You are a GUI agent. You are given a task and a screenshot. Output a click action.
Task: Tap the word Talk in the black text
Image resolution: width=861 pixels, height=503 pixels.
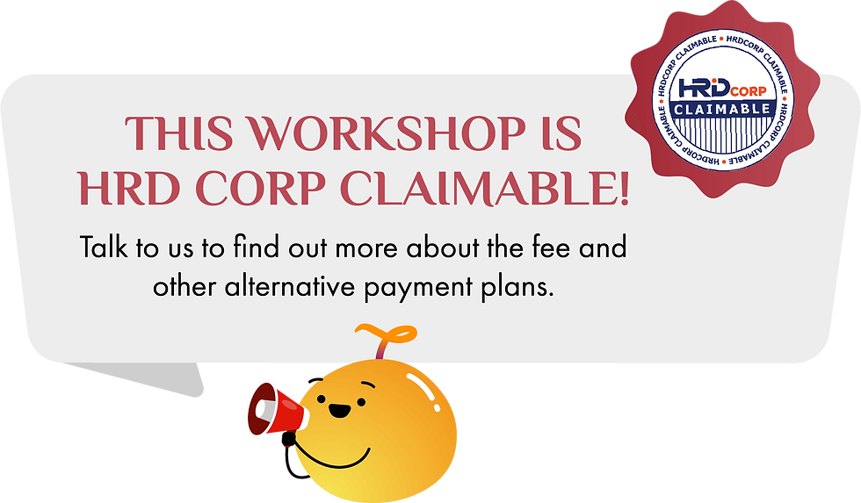(x=107, y=247)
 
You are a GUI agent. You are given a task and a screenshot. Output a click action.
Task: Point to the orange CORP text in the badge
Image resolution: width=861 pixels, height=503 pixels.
(x=753, y=90)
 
